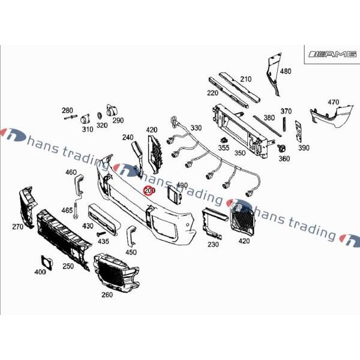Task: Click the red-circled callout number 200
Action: (x=149, y=191)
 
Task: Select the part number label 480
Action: (x=286, y=71)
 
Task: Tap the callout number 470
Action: (x=333, y=102)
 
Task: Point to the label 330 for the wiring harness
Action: (x=196, y=128)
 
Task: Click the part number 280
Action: (x=67, y=110)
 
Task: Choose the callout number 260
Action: (x=107, y=295)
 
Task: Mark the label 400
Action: (x=40, y=272)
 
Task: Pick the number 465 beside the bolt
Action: (x=67, y=211)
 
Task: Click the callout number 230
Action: (x=213, y=244)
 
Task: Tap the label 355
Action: (x=223, y=148)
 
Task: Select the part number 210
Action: (x=245, y=79)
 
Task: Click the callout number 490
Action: (x=182, y=185)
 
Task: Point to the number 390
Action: (x=304, y=148)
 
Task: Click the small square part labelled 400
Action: (x=45, y=261)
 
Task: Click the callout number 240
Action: (x=127, y=137)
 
